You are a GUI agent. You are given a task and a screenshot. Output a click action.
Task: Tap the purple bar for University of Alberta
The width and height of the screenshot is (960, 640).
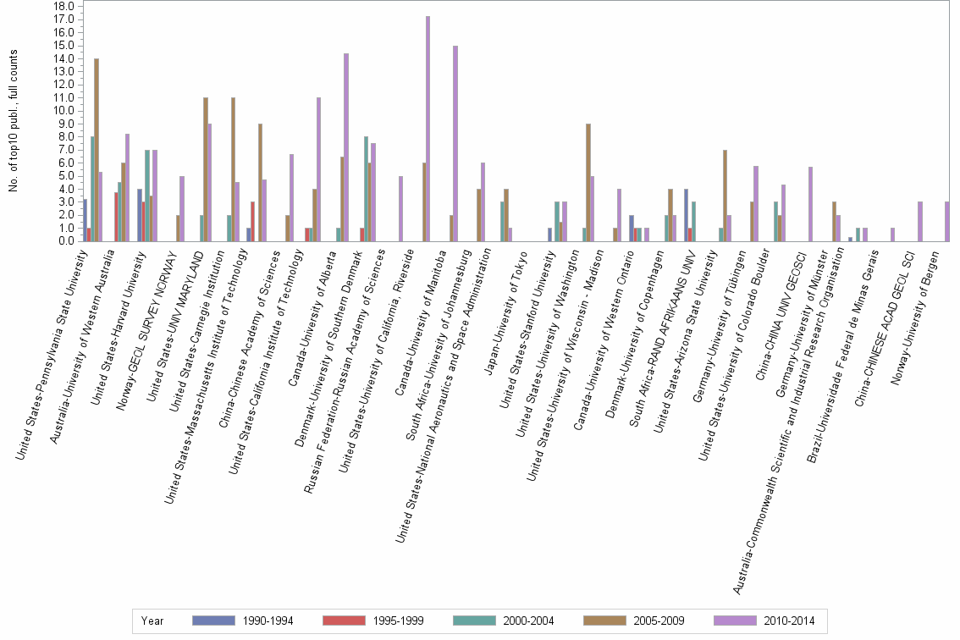coord(346,147)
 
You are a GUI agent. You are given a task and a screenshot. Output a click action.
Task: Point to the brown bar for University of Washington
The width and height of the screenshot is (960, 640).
coord(588,182)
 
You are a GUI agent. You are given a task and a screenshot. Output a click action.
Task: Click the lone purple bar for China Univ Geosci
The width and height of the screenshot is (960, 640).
coord(810,204)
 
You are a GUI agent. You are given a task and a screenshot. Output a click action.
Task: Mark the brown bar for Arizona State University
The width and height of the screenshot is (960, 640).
coord(725,196)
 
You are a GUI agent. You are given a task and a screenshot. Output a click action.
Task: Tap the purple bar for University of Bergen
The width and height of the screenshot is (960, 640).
coord(946,221)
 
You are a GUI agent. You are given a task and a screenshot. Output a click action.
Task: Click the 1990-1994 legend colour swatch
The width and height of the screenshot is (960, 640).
coord(214,621)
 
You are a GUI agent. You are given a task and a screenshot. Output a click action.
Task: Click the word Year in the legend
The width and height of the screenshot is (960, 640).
coord(153,621)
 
